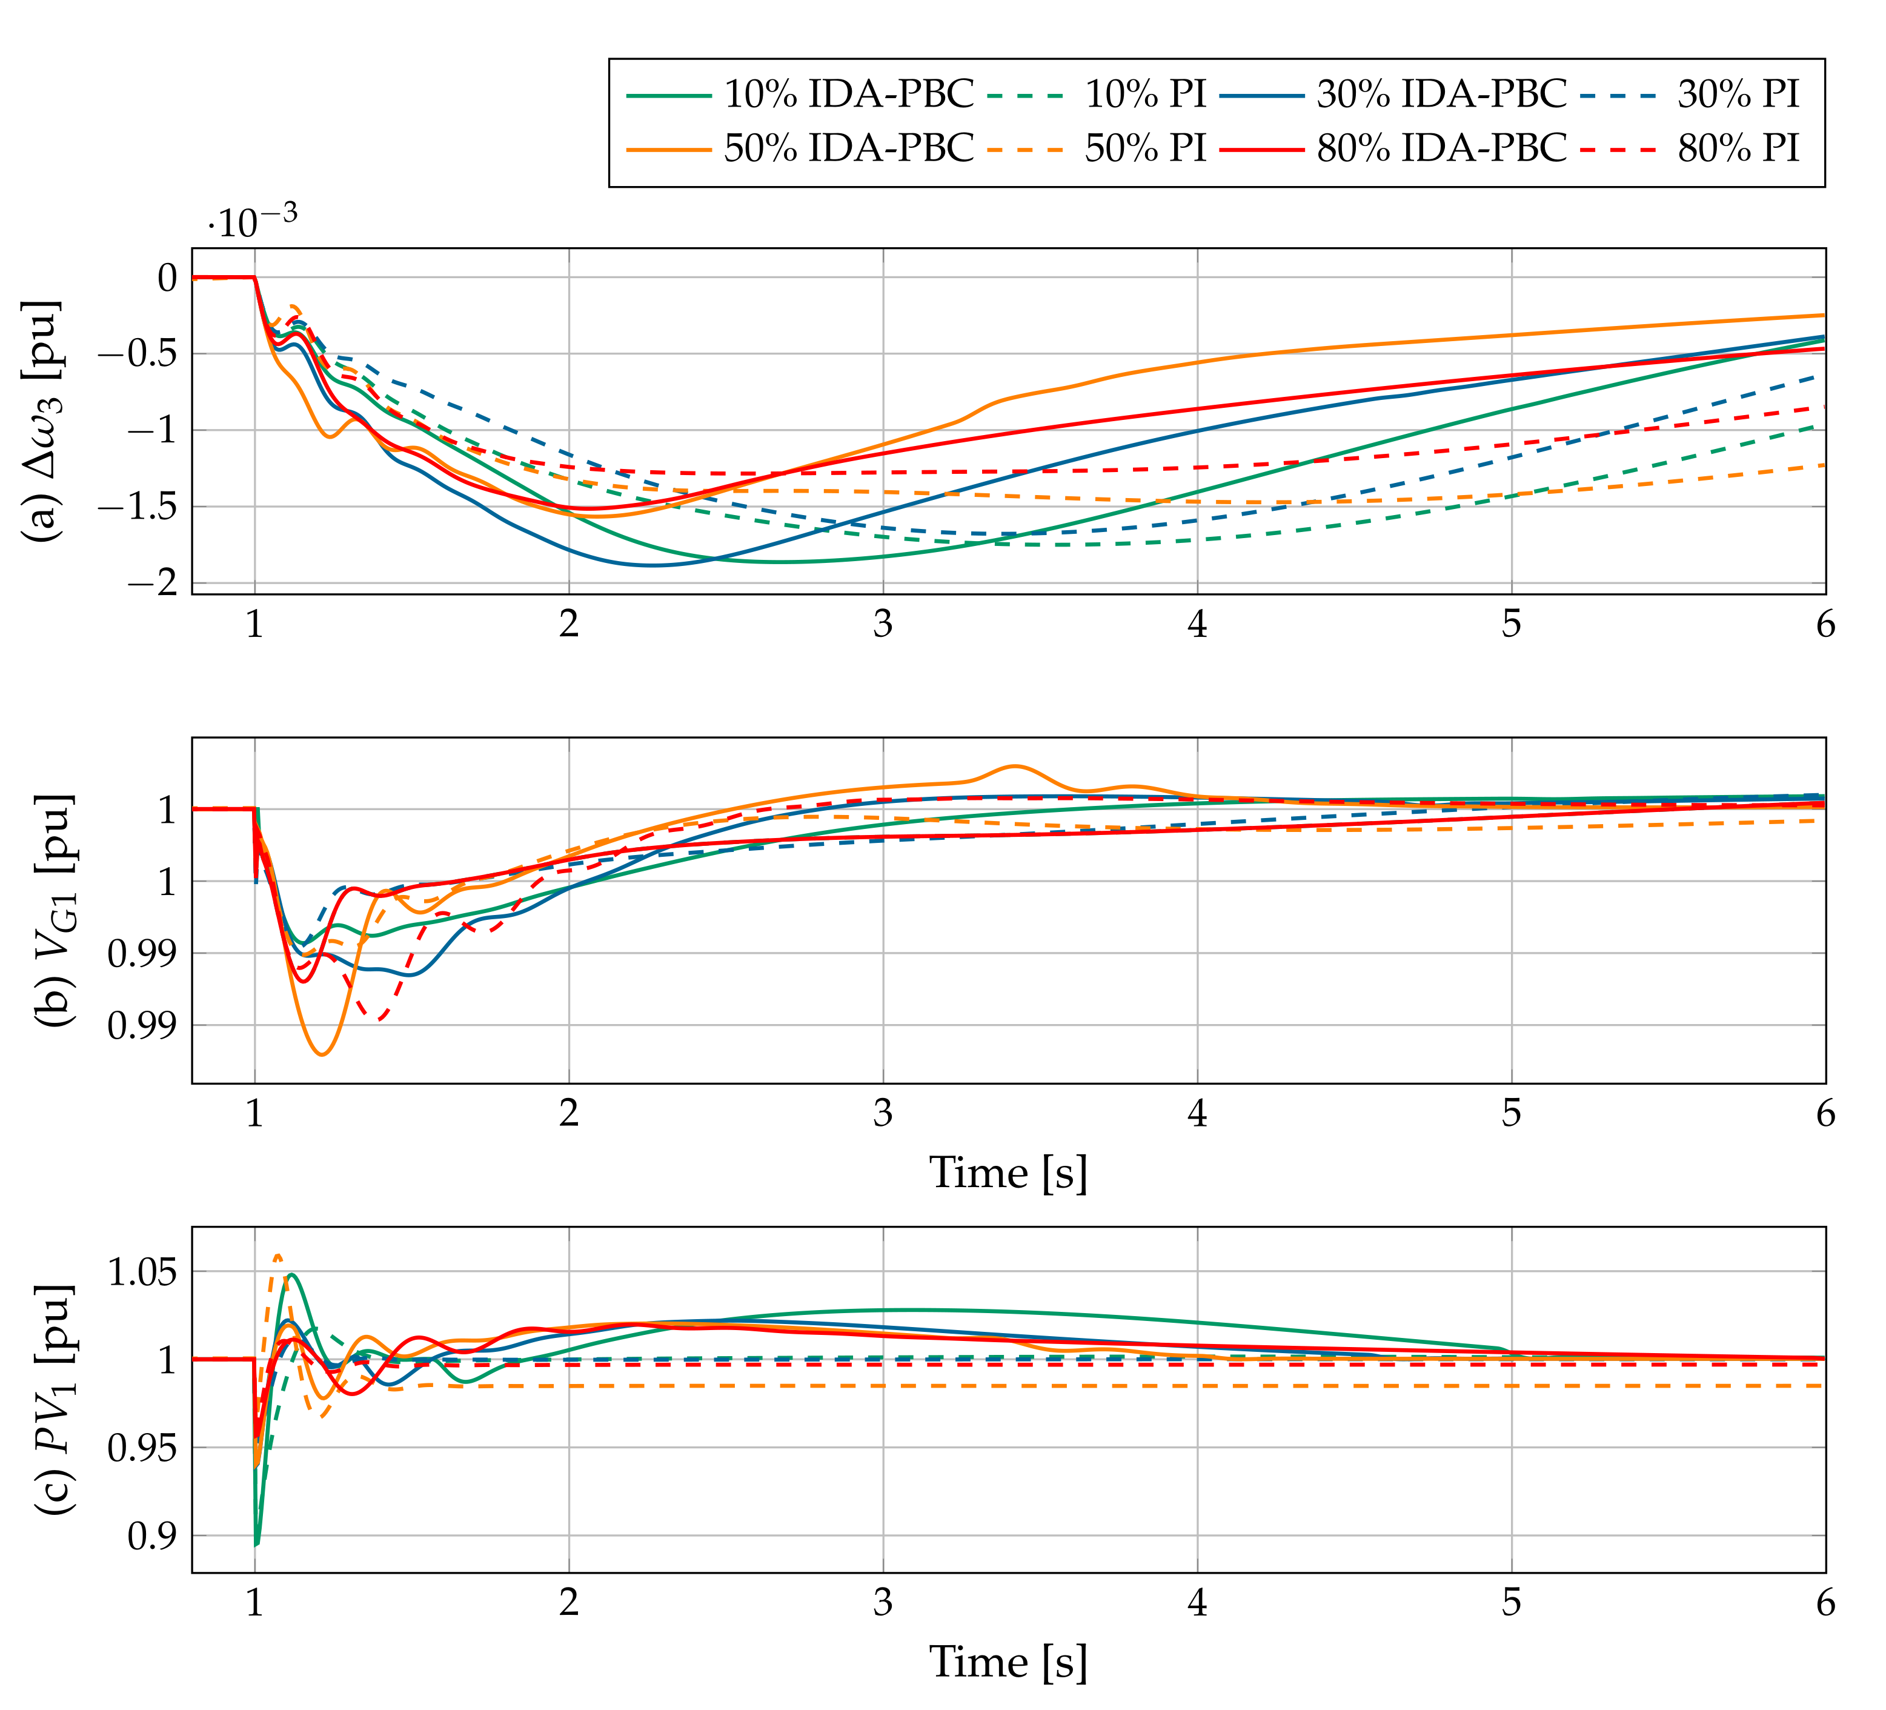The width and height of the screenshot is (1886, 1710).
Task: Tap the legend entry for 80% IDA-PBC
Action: tap(1441, 148)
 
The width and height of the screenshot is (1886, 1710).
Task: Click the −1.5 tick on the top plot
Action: tap(141, 507)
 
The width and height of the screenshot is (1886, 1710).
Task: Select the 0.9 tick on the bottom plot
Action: tap(151, 1537)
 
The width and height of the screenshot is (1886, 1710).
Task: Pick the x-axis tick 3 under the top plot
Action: tap(883, 625)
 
